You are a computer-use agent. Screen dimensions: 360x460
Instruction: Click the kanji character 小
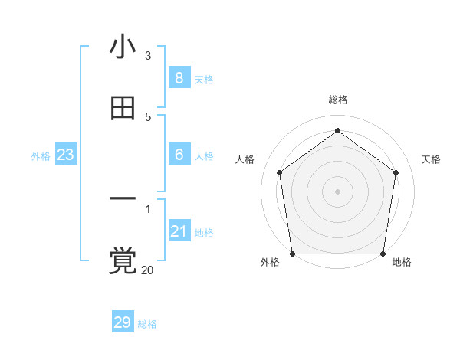pos(123,47)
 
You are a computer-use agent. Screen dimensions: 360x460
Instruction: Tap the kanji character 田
pos(123,110)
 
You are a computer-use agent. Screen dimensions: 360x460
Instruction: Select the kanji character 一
pos(123,200)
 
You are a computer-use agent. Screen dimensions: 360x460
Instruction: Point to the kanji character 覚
pos(123,260)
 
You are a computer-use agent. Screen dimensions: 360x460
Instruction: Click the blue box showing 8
pos(179,77)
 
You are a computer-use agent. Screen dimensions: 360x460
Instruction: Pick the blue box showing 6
pos(179,155)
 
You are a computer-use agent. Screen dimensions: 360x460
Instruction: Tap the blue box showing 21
pos(179,231)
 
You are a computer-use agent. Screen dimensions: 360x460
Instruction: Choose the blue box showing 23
pos(66,155)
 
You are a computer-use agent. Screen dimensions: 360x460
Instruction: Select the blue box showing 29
pos(123,322)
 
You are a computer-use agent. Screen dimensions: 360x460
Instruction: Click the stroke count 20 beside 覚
pos(147,270)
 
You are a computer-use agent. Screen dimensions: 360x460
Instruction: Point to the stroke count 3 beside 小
pos(148,56)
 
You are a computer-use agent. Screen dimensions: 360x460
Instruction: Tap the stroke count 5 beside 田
pos(148,116)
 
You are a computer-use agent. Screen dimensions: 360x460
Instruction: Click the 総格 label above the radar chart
pos(338,100)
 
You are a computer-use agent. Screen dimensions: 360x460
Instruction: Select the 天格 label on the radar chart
pos(432,159)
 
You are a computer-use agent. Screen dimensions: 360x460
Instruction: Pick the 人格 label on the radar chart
pos(245,159)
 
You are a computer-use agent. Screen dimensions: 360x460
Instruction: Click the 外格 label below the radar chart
pos(270,262)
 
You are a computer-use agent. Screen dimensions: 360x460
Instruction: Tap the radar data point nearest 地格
pos(383,254)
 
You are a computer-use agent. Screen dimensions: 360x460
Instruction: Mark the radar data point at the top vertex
pos(337,131)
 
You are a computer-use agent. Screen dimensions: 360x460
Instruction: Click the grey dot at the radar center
pos(337,191)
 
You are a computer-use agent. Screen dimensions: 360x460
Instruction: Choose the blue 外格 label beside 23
pos(41,156)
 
